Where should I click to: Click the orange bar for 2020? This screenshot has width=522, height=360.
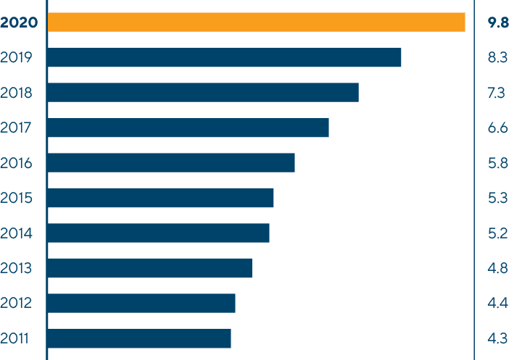[x=256, y=22]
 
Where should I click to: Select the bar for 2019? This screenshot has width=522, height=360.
[x=224, y=58]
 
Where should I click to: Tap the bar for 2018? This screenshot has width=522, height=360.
[x=203, y=93]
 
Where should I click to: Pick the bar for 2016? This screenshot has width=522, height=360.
[x=171, y=163]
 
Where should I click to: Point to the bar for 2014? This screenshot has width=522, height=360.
[x=158, y=233]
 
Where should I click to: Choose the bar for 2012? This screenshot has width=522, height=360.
[x=141, y=304]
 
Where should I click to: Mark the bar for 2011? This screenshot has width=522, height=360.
[x=139, y=338]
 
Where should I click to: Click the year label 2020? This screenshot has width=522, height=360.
[x=19, y=22]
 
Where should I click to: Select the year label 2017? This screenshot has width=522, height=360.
[x=17, y=128]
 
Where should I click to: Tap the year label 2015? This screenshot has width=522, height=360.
[x=17, y=198]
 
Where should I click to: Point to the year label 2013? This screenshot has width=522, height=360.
[x=17, y=269]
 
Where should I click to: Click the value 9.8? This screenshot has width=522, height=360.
[x=498, y=22]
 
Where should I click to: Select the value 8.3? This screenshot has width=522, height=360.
[x=498, y=58]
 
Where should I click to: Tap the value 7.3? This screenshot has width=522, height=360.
[x=498, y=93]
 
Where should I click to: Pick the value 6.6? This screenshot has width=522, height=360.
[x=498, y=128]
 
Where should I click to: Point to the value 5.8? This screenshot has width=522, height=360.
[x=498, y=163]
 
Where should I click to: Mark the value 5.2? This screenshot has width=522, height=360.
[x=498, y=233]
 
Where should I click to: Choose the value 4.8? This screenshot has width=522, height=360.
[x=498, y=269]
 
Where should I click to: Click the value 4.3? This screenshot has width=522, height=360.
[x=498, y=338]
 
